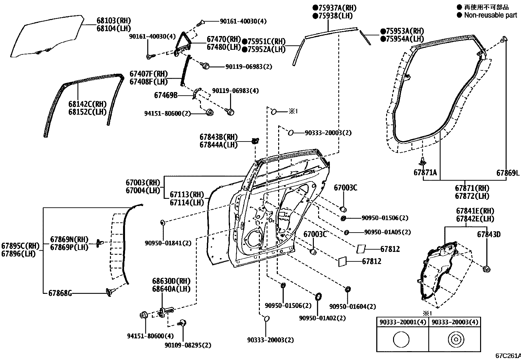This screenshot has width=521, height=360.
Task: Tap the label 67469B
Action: [x=166, y=95]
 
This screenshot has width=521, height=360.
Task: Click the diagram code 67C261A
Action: [x=508, y=356]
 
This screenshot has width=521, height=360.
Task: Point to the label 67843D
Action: [x=489, y=234]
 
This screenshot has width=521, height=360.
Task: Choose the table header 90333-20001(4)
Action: [x=403, y=322]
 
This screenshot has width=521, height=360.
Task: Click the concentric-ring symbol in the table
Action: [x=455, y=340]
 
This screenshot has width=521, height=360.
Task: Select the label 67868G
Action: [x=60, y=293]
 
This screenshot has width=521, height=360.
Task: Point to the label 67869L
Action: [x=508, y=173]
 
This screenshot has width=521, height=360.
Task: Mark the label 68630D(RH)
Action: [x=171, y=281]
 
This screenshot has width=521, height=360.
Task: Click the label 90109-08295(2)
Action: [x=188, y=345]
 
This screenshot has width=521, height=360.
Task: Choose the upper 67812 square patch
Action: [x=361, y=249]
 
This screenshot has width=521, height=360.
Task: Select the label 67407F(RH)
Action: [x=148, y=74]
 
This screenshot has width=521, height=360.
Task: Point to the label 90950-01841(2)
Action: [x=168, y=243]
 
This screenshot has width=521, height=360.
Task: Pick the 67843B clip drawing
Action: [x=255, y=141]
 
